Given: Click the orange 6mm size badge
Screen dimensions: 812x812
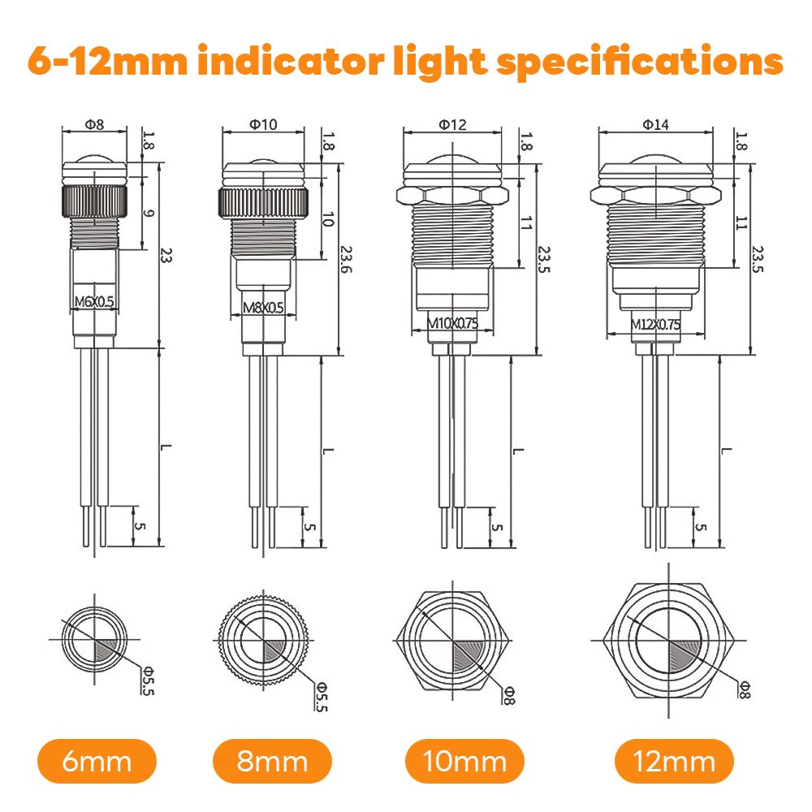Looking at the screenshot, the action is point(97,761).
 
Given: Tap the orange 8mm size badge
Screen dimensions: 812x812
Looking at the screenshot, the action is point(272,761).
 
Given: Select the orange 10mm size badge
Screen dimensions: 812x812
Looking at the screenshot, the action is point(464,761).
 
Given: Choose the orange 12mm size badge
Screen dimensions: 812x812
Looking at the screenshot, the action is point(674,761).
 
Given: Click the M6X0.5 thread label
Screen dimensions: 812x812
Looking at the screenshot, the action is point(94,301).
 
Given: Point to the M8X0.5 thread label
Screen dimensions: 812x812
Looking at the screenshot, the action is point(263,308).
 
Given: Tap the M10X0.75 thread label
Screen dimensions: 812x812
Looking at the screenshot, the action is point(452,323).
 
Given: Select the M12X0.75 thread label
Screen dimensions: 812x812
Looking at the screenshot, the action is point(655,324).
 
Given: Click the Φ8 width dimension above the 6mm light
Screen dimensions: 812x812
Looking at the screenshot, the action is point(94,124).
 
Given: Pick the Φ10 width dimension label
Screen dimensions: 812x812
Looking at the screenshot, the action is point(263,124).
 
